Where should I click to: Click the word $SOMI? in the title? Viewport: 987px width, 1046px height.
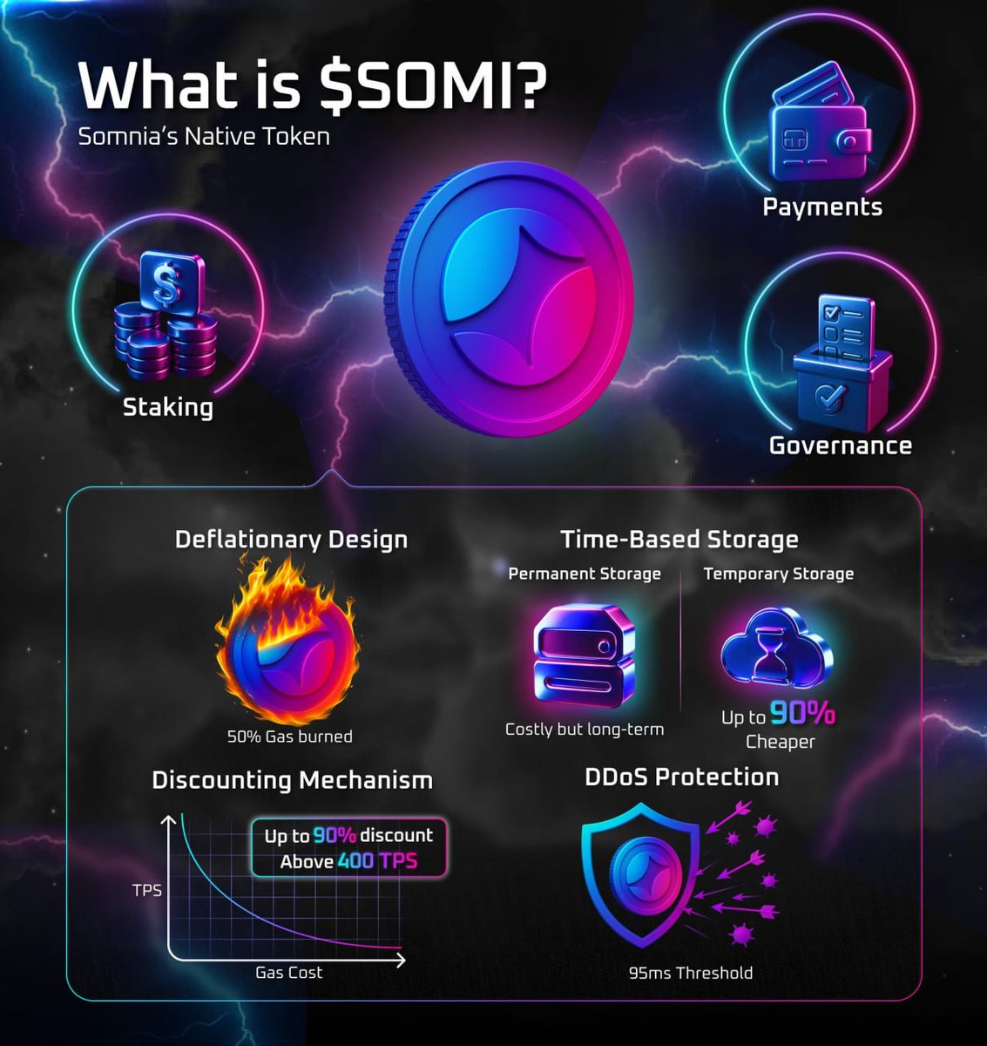(433, 85)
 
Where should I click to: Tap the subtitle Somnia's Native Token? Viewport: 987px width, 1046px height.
(204, 136)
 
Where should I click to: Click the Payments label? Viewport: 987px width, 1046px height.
(822, 207)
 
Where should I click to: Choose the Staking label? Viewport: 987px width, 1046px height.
(168, 407)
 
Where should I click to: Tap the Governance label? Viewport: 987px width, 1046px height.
(840, 445)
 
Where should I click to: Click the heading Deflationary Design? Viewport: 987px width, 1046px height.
(292, 540)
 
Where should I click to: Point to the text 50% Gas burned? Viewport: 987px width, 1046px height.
(289, 737)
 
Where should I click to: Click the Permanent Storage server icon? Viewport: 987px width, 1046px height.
(585, 656)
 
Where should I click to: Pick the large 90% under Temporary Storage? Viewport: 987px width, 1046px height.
(802, 713)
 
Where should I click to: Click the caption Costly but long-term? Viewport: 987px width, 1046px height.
(585, 730)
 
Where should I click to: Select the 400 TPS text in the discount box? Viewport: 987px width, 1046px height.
(377, 861)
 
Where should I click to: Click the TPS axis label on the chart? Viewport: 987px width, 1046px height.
(147, 891)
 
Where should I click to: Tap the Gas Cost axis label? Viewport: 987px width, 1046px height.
(289, 972)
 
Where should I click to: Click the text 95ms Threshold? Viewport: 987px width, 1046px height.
(691, 972)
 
